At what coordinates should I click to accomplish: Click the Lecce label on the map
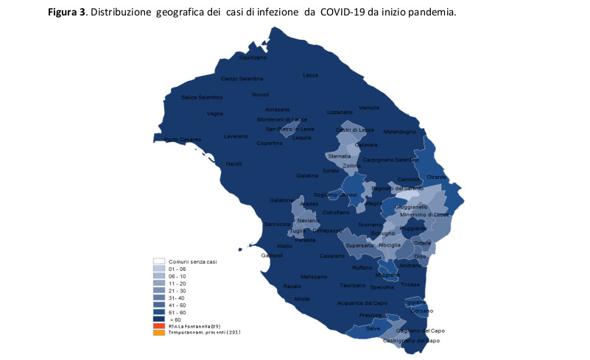(x=310, y=75)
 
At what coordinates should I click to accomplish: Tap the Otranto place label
(x=436, y=177)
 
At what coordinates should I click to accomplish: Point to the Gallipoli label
(x=272, y=255)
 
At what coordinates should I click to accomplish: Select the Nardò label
(x=233, y=163)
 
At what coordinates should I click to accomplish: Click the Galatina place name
(x=307, y=175)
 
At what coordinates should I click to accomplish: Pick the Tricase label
(x=410, y=284)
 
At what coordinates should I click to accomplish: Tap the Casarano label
(x=332, y=255)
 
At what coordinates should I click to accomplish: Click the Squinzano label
(x=253, y=57)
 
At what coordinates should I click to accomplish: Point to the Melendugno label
(x=399, y=132)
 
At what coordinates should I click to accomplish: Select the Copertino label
(x=269, y=143)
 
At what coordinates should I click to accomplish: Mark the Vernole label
(x=369, y=107)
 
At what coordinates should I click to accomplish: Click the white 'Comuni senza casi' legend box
(x=158, y=261)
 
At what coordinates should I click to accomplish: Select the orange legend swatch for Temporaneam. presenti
(x=158, y=332)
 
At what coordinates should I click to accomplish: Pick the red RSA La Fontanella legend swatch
(x=158, y=325)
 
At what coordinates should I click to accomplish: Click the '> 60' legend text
(x=175, y=319)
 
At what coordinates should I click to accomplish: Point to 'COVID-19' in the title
(x=342, y=14)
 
